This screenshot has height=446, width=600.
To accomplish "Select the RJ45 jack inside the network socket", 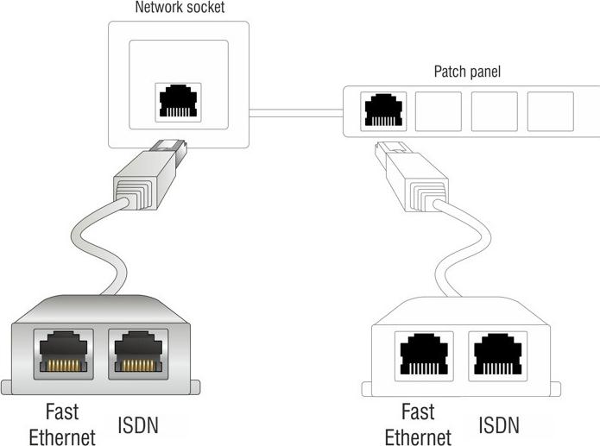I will tap(179, 102).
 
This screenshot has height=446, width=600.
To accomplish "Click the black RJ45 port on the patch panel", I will tap(382, 110).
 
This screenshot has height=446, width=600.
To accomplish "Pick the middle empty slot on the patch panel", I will tap(495, 111).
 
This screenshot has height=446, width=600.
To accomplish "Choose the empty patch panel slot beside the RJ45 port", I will tap(439, 111).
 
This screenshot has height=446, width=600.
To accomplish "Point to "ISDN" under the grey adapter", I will tap(137, 424).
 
